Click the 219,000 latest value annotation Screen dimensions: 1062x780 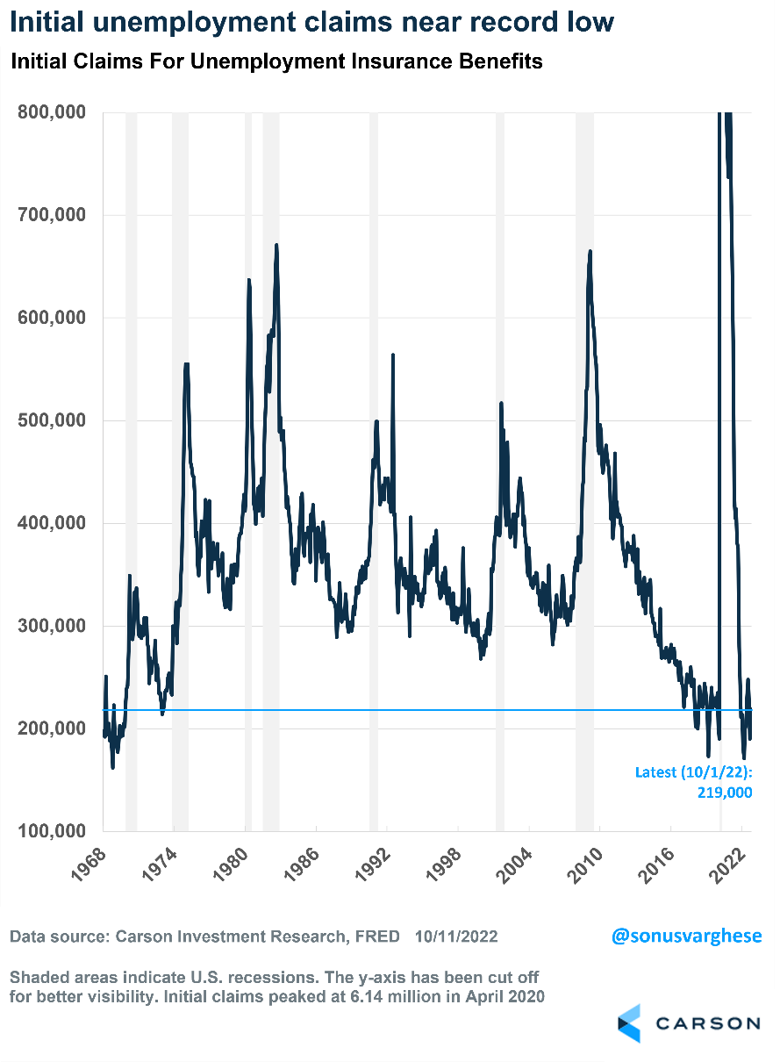click(725, 792)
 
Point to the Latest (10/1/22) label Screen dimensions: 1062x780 click(693, 772)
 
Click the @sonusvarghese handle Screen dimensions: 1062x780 click(686, 936)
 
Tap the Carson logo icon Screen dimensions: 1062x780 click(629, 1023)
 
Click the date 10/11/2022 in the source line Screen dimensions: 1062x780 click(454, 936)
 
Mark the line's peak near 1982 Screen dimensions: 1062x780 click(276, 245)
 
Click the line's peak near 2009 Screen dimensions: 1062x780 click(590, 252)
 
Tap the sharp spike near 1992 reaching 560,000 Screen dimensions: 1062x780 click(392, 355)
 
